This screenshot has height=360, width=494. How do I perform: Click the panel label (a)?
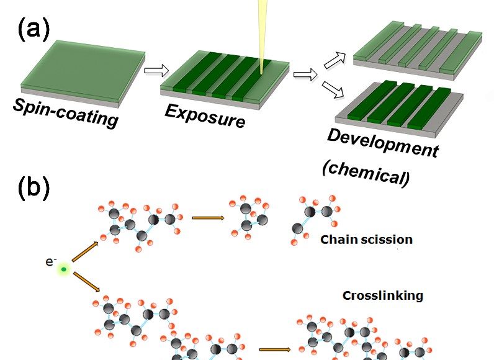pos(34,29)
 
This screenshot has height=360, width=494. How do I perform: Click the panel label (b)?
pos(34,187)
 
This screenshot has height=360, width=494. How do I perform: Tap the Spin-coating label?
pos(66,113)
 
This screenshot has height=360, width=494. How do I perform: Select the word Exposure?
pos(205,116)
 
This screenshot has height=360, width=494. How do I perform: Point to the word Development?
pos(383,143)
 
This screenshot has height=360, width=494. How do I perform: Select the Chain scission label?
pos(366,240)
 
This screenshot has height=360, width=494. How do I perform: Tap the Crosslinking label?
pos(383,295)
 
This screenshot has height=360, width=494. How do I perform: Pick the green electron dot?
pos(64,269)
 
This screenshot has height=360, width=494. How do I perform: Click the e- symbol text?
pos(51,261)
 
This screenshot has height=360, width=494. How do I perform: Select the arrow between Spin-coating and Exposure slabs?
pos(156,70)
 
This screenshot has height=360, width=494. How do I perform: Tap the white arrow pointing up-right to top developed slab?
pos(335,60)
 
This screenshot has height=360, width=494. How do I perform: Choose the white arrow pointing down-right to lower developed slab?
pos(333,89)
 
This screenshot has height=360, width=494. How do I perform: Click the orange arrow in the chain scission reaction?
pos(209,218)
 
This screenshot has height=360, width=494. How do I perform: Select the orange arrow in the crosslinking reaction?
pos(275,349)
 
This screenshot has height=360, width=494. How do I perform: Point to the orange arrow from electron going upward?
pos(85,251)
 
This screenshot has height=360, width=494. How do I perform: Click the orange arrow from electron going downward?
pos(87,282)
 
